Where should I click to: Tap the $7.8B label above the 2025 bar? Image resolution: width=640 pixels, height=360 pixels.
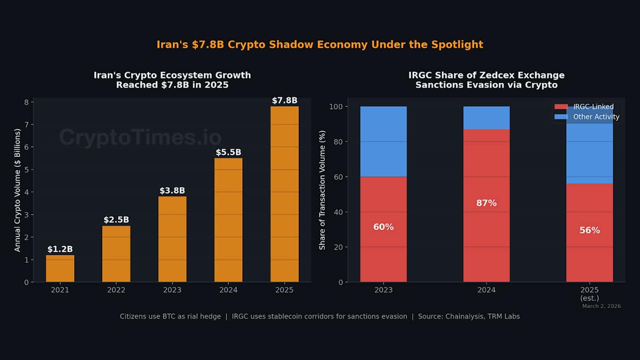pyautogui.click(x=284, y=100)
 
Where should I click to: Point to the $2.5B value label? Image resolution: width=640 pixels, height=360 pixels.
pyautogui.click(x=116, y=220)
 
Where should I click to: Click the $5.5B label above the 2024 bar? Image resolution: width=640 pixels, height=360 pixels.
pyautogui.click(x=228, y=152)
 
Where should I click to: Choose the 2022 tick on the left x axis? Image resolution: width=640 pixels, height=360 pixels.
pyautogui.click(x=116, y=290)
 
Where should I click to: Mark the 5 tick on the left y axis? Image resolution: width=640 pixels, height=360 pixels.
pyautogui.click(x=26, y=170)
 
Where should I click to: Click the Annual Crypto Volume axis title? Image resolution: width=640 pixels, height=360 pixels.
pyautogui.click(x=17, y=190)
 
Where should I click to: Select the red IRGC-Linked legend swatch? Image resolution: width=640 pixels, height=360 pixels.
pyautogui.click(x=562, y=107)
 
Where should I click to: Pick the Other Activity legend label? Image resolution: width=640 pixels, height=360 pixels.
pyautogui.click(x=596, y=117)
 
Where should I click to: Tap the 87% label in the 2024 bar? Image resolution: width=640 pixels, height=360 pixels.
pyautogui.click(x=486, y=203)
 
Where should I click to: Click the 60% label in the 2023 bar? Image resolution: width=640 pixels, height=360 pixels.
pyautogui.click(x=383, y=227)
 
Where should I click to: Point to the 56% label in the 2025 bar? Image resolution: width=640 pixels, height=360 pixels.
pyautogui.click(x=589, y=230)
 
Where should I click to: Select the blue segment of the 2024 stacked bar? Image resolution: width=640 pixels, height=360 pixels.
pyautogui.click(x=486, y=118)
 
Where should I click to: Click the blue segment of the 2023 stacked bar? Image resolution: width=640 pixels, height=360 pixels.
pyautogui.click(x=383, y=141)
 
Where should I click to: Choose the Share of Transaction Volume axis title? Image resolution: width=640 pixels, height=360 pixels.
pyautogui.click(x=322, y=190)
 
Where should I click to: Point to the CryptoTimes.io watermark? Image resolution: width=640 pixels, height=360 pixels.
pyautogui.click(x=140, y=137)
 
